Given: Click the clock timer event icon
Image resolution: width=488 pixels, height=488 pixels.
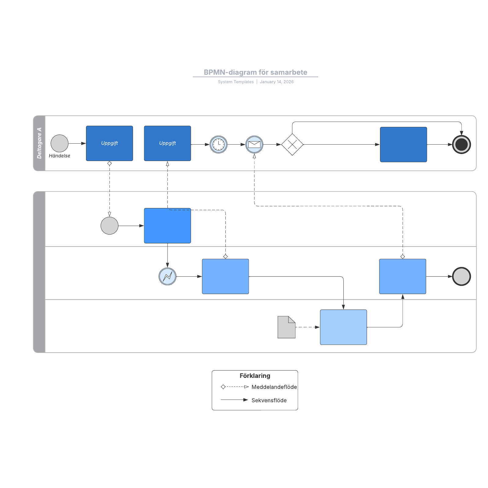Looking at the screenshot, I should [218, 144].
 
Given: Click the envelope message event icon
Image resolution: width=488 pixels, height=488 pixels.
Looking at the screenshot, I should [254, 144].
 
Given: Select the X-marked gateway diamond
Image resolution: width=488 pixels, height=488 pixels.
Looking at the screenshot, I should [292, 144].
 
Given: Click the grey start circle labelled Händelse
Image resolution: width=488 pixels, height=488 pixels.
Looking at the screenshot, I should [59, 143].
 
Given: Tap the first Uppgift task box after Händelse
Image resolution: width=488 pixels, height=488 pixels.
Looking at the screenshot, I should [109, 143].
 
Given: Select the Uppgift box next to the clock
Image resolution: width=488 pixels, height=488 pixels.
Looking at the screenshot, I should [167, 143].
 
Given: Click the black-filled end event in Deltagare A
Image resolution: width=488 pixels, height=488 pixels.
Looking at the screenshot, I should [461, 144].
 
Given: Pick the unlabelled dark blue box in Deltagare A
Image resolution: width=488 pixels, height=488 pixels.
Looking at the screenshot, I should [403, 144].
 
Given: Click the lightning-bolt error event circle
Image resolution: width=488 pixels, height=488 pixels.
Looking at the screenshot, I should [167, 276].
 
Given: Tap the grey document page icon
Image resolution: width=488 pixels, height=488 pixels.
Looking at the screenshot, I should [286, 327].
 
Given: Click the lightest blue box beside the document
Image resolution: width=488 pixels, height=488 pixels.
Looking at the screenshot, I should [343, 327].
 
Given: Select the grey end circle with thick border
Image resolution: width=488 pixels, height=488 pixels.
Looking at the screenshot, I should [461, 276].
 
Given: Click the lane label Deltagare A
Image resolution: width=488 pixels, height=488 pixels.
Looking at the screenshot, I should [39, 143].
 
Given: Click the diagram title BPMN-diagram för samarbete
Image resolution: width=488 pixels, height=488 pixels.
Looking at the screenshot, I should [255, 72].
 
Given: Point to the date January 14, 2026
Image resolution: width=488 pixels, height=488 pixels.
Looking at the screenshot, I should [277, 82].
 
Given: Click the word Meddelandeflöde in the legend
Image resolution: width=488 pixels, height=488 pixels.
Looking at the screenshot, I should [274, 387].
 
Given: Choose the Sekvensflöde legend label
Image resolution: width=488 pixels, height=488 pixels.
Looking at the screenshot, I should [269, 400].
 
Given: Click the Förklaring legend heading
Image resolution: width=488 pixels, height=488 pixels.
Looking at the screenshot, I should [255, 376].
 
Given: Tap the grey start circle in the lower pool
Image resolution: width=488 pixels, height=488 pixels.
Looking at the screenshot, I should [109, 226].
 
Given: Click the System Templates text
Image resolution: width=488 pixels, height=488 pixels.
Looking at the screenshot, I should [235, 82].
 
